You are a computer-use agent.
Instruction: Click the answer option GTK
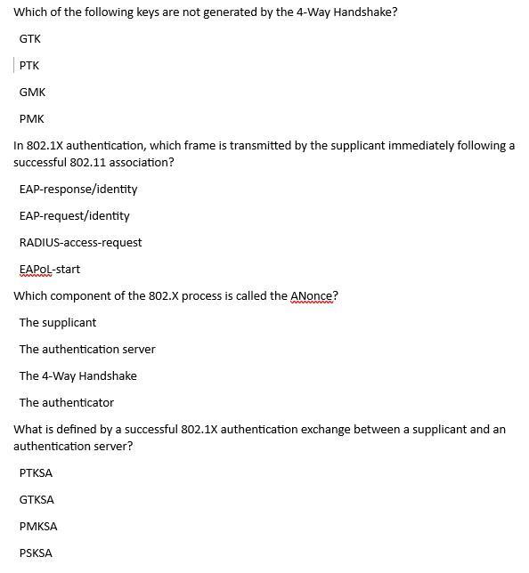29,39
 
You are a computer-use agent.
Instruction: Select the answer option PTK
29,66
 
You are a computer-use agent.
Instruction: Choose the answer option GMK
32,93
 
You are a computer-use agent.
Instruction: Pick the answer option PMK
31,119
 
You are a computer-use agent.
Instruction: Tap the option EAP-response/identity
78,190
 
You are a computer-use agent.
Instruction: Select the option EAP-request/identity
75,216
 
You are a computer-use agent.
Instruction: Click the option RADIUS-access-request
80,243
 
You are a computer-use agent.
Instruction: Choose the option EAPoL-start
50,270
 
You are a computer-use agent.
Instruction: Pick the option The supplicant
58,323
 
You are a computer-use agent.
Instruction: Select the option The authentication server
87,350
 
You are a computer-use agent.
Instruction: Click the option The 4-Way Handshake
78,376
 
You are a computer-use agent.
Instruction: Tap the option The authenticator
67,403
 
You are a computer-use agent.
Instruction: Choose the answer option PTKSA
36,473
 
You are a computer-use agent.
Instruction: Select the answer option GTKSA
37,500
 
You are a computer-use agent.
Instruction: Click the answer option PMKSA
38,527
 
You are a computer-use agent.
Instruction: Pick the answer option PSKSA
36,553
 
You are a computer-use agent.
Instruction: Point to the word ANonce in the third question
312,296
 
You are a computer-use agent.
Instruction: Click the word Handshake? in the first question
367,12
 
